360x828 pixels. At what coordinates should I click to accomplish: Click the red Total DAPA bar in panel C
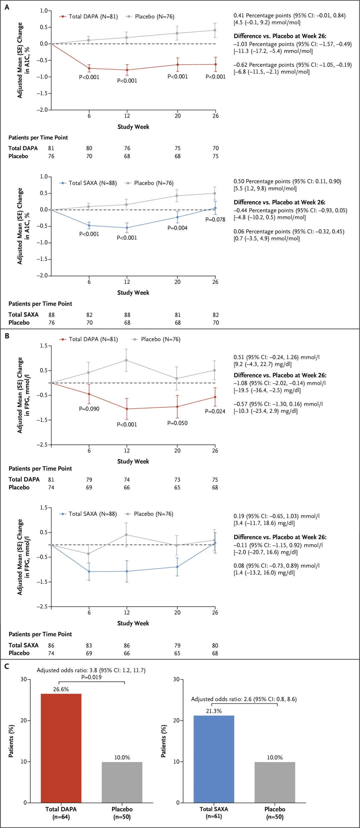pyautogui.click(x=61, y=748)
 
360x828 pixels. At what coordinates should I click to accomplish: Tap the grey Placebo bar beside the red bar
pyautogui.click(x=122, y=782)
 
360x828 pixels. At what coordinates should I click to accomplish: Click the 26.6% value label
pyautogui.click(x=61, y=689)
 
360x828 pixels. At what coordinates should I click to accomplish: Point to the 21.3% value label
pyautogui.click(x=214, y=711)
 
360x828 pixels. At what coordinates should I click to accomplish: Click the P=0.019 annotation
pyautogui.click(x=91, y=677)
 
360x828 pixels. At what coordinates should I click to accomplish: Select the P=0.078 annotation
pyautogui.click(x=215, y=220)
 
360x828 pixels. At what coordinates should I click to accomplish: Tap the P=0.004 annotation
pyautogui.click(x=177, y=228)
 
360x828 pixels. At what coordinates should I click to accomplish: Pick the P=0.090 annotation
pyautogui.click(x=89, y=409)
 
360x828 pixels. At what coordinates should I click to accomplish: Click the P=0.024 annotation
pyautogui.click(x=215, y=411)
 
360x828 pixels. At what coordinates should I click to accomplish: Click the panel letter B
pyautogui.click(x=7, y=336)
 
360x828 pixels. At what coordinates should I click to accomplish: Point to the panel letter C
pyautogui.click(x=7, y=666)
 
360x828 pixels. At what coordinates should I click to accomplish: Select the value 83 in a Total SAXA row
pyautogui.click(x=89, y=646)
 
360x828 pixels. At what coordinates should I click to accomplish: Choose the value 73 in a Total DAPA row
pyautogui.click(x=177, y=480)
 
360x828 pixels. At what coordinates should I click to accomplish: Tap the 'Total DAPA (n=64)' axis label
pyautogui.click(x=61, y=813)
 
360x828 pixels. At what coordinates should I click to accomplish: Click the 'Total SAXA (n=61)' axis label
pyautogui.click(x=214, y=812)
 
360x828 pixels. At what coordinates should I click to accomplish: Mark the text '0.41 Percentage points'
pyautogui.click(x=262, y=16)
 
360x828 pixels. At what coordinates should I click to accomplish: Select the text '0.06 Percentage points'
pyautogui.click(x=262, y=232)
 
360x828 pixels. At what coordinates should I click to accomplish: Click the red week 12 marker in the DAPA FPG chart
pyautogui.click(x=127, y=409)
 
